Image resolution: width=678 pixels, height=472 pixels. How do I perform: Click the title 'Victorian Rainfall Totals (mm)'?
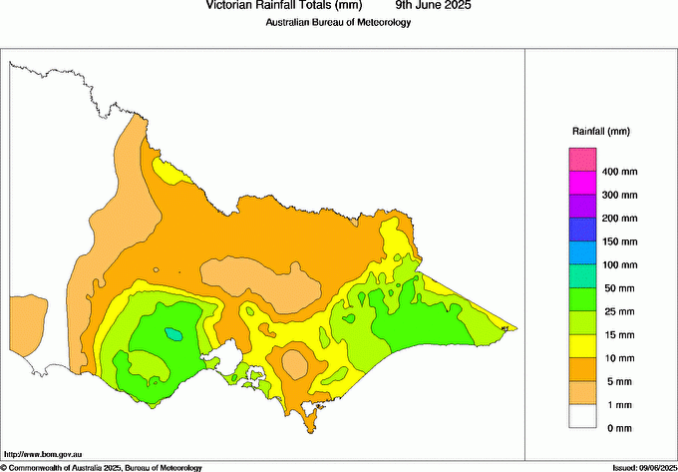pos(277,6)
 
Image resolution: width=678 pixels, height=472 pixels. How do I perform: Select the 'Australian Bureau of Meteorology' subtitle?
pos(338,22)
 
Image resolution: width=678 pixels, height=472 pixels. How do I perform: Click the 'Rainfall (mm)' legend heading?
pos(600,132)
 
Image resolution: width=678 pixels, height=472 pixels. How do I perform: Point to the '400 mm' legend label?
pos(617,172)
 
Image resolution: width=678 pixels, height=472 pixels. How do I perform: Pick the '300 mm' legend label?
pos(617,195)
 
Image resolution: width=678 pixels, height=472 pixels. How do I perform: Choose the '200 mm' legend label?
pos(617,219)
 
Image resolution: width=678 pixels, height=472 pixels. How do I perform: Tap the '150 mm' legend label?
pos(617,241)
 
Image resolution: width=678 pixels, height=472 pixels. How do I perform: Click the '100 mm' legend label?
pos(617,265)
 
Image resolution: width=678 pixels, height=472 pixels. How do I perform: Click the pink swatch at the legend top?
pos(582,160)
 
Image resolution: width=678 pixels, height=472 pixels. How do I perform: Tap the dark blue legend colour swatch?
pos(582,230)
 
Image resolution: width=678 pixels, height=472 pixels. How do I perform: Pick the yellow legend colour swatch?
pos(582,345)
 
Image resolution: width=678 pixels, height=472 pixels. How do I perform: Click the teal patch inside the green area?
pos(174,332)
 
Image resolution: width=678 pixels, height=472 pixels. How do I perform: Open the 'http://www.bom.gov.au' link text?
pos(42,455)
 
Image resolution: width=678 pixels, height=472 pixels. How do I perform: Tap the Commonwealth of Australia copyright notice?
pos(102,467)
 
